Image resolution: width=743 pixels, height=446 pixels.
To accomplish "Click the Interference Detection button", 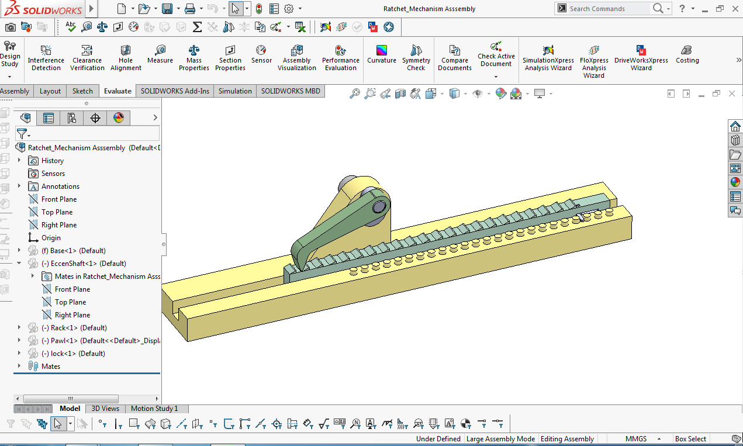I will [x=46, y=57].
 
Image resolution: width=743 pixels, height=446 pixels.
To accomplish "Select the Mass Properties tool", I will [x=194, y=57].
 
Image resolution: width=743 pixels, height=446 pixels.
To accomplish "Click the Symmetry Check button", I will [x=416, y=57].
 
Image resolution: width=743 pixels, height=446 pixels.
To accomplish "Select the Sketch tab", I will [x=82, y=91].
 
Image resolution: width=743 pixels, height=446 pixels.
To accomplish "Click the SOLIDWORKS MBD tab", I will [x=291, y=91].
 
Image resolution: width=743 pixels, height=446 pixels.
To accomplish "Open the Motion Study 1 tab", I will [x=154, y=409].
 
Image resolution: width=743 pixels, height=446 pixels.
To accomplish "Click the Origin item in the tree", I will [x=51, y=238].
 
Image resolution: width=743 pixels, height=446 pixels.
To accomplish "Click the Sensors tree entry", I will [x=53, y=174].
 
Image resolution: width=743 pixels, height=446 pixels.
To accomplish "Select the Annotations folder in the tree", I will [x=60, y=186].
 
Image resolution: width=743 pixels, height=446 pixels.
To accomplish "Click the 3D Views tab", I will [x=105, y=409].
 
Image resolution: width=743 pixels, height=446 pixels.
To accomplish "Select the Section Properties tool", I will [x=230, y=57].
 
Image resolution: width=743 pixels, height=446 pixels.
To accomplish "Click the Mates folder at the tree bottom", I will [x=51, y=367].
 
